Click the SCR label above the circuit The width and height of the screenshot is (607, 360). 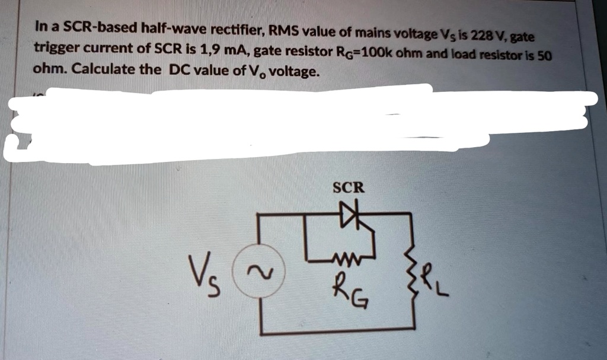pos(349,188)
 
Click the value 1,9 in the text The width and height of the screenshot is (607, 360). pos(212,49)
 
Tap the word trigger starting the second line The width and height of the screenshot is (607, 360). pos(56,48)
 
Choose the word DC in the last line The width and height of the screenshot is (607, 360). pos(181,69)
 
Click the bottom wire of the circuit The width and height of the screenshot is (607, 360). pos(338,327)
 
